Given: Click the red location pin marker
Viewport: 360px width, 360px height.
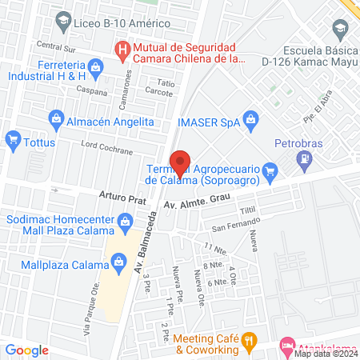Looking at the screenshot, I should pyautogui.click(x=182, y=162).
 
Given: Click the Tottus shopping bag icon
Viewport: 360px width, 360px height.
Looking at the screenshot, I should pyautogui.click(x=12, y=141).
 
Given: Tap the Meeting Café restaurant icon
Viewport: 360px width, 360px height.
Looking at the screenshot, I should pyautogui.click(x=250, y=339).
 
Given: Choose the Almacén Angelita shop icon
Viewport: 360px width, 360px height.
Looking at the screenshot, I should pyautogui.click(x=58, y=121).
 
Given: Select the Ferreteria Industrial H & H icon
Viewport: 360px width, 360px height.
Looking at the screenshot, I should pyautogui.click(x=96, y=66).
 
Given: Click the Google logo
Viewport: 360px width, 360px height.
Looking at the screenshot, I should pyautogui.click(x=26, y=350).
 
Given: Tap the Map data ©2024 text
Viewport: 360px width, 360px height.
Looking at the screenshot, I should pyautogui.click(x=325, y=354).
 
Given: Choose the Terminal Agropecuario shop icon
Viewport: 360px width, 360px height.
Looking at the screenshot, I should pyautogui.click(x=270, y=169).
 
